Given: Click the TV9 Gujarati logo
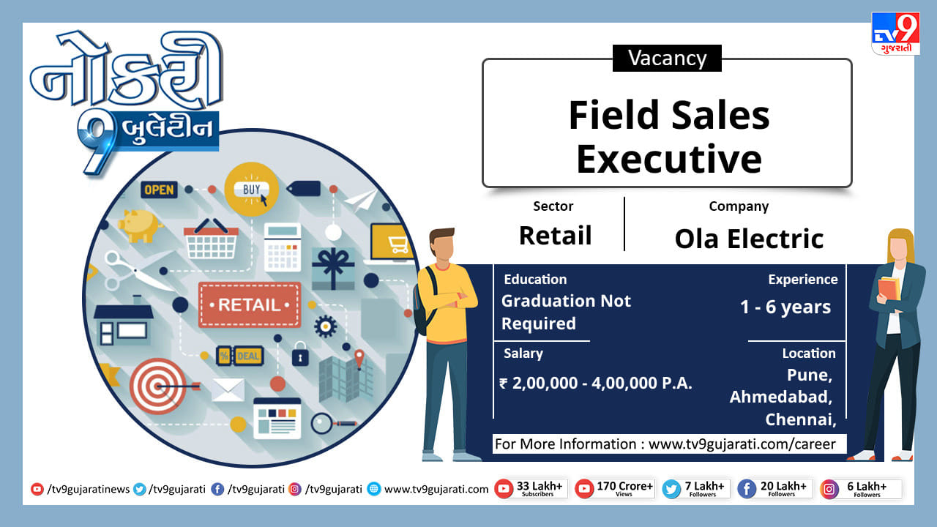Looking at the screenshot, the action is [x=895, y=34].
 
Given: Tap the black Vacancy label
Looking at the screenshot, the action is [x=667, y=58].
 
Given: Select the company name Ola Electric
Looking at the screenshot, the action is [x=749, y=239].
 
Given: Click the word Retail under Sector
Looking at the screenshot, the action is [x=555, y=236].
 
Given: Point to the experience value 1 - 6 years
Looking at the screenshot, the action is [x=785, y=307].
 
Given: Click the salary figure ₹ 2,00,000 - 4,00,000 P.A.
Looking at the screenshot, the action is [x=595, y=383].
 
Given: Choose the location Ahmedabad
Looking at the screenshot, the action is [x=780, y=397].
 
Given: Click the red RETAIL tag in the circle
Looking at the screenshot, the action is [x=250, y=305].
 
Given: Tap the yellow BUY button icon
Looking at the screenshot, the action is [x=251, y=190].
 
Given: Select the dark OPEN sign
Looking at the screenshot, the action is [x=159, y=190].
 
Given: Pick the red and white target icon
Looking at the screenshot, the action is [x=158, y=386].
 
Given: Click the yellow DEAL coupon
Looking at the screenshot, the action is [x=240, y=356].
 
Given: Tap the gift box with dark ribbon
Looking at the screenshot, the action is [x=333, y=269].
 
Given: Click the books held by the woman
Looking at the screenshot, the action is [x=889, y=288].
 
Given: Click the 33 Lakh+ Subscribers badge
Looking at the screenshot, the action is [x=531, y=488].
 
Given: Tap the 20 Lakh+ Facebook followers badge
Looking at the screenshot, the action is [x=775, y=488].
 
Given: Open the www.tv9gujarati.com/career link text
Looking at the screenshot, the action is [x=742, y=444].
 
